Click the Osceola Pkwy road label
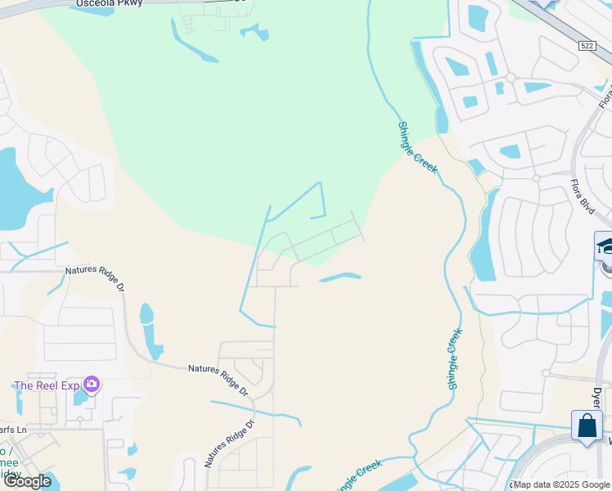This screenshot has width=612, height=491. pyautogui.click(x=109, y=4)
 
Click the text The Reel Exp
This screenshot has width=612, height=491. pyautogui.click(x=47, y=385)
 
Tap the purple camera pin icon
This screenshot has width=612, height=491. pyautogui.click(x=92, y=384)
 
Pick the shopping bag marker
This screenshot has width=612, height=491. pyautogui.click(x=587, y=427)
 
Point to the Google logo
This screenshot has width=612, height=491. pyautogui.click(x=27, y=480)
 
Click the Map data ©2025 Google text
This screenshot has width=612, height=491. pyautogui.click(x=562, y=484)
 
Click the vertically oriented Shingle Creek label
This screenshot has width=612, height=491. pyautogui.click(x=455, y=358)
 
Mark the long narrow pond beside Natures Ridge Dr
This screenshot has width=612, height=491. pyautogui.click(x=148, y=332)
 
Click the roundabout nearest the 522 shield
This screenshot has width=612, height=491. pyautogui.click(x=510, y=78)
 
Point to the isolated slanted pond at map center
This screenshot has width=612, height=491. pyautogui.click(x=340, y=277)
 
